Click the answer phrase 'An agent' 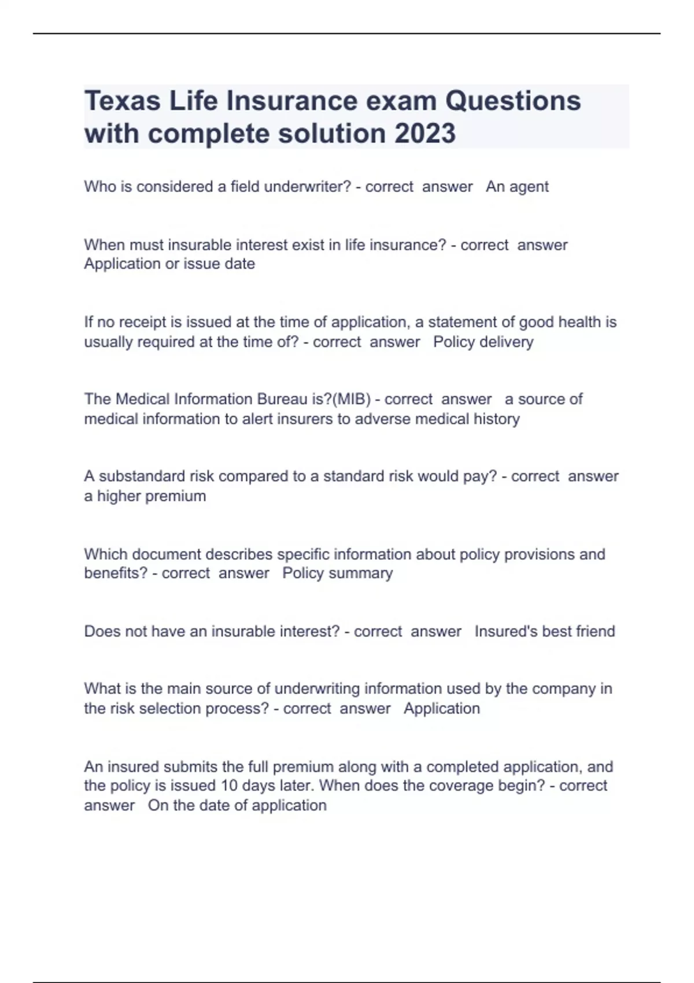click(517, 187)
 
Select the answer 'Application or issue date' click(169, 264)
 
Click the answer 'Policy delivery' click(483, 342)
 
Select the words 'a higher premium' click(145, 496)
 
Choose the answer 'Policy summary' click(337, 573)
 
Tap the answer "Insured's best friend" click(545, 631)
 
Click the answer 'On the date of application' click(237, 805)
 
